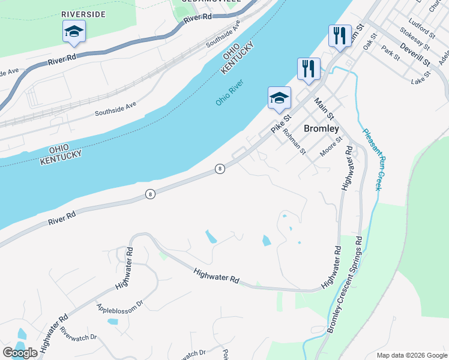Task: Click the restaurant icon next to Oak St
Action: (x=340, y=36)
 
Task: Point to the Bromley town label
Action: (x=321, y=128)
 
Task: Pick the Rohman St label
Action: (x=295, y=140)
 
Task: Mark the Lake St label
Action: (x=421, y=78)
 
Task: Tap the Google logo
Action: (x=20, y=353)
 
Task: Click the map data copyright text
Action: (x=412, y=355)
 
